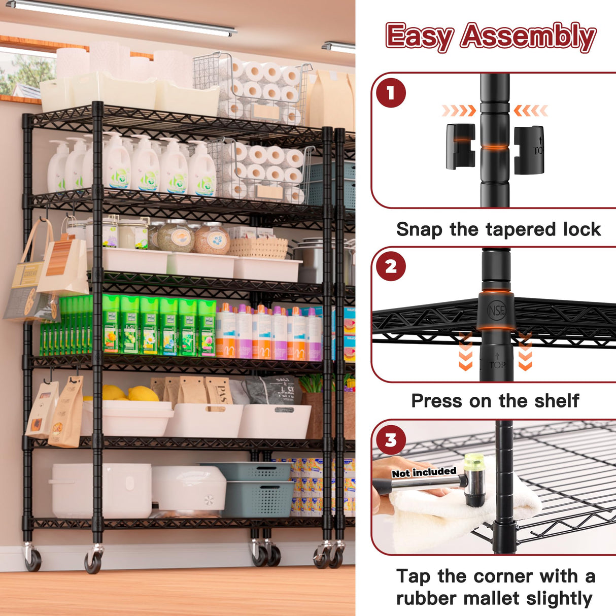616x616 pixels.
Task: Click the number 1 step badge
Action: tap(391, 93)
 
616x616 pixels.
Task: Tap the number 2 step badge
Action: tap(391, 266)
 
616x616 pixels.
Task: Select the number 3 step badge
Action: tap(391, 439)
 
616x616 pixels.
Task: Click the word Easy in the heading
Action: tap(419, 37)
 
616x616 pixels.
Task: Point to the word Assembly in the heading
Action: tap(528, 37)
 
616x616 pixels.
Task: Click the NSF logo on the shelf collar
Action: tap(496, 310)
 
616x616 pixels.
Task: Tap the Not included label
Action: tap(424, 472)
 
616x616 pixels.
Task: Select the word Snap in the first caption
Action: tap(419, 229)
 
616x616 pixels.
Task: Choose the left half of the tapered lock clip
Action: tap(460, 147)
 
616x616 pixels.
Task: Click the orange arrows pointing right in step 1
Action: tap(458, 111)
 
